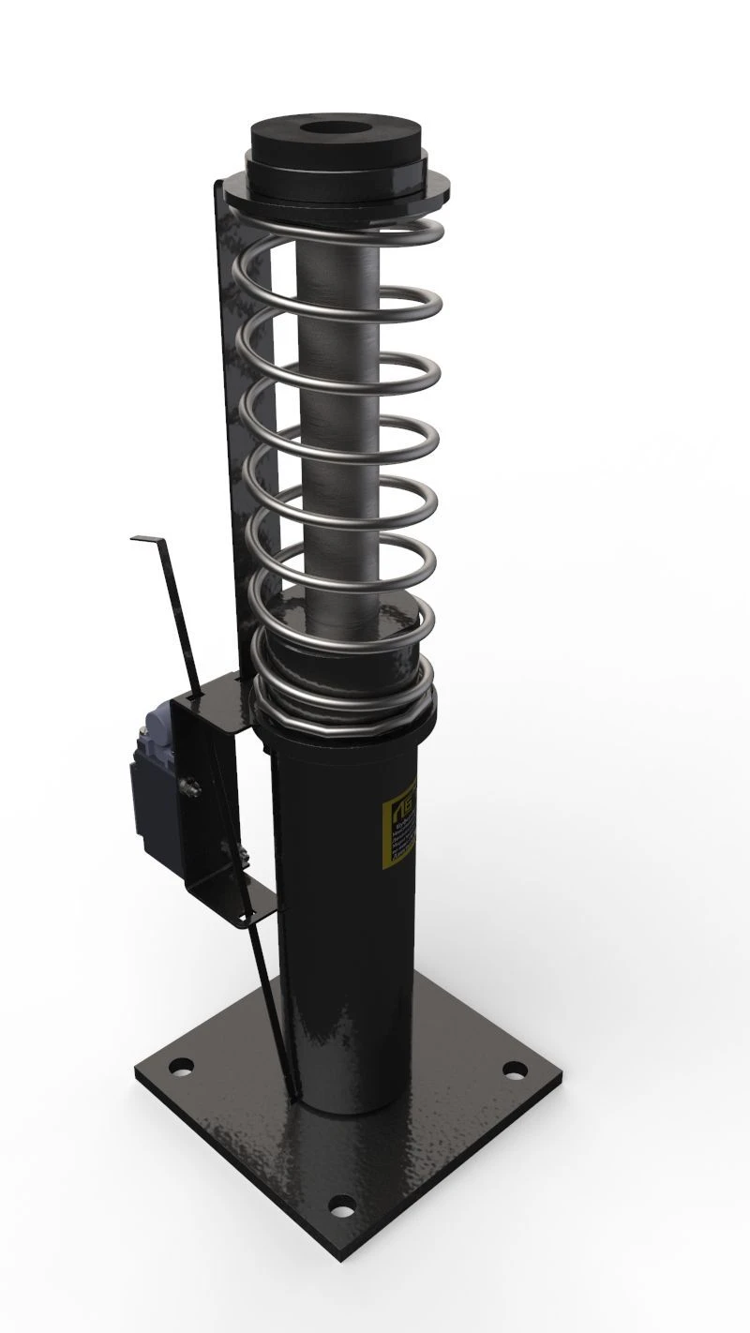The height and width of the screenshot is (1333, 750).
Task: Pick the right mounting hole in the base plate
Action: point(513,1070)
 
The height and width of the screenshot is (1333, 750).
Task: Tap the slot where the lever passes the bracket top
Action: point(199,696)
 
